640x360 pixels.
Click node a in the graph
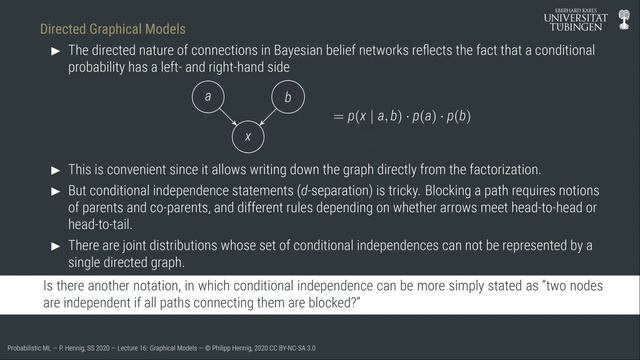point(207,97)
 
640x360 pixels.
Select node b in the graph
point(288,97)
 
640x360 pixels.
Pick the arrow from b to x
point(268,117)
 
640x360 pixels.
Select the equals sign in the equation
point(338,117)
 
